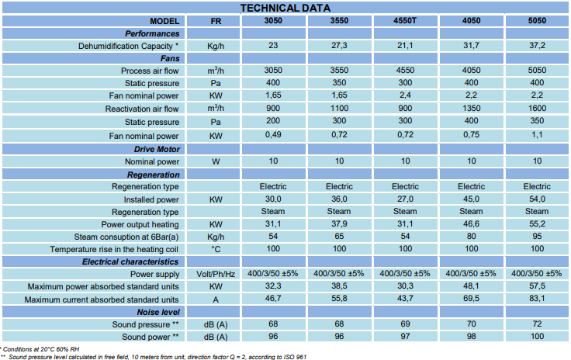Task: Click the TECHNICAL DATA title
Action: (285, 8)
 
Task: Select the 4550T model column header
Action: (404, 21)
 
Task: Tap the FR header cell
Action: (216, 21)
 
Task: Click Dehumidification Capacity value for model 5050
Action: (537, 46)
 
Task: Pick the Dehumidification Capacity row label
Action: (128, 47)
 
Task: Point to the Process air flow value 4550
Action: (405, 71)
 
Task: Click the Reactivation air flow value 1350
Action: (471, 108)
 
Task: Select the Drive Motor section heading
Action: (157, 149)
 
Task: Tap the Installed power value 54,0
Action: (537, 199)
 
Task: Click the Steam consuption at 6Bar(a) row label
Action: (126, 237)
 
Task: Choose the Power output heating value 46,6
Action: (471, 224)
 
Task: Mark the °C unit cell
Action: (216, 249)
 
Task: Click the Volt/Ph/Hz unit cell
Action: (216, 274)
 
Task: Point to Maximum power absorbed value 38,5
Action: (339, 286)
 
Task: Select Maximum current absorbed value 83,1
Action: (537, 299)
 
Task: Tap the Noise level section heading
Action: (158, 313)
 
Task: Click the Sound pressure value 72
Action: (537, 324)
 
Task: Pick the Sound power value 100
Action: (537, 337)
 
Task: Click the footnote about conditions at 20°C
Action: (40, 349)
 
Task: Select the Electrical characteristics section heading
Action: (130, 262)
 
